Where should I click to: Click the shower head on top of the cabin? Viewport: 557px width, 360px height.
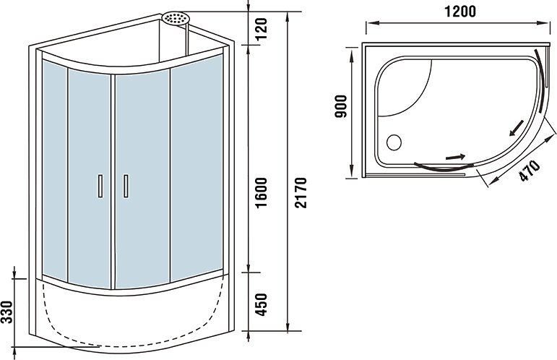176,18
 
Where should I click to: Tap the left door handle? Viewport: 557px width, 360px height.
100,186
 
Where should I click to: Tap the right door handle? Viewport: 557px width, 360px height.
126,186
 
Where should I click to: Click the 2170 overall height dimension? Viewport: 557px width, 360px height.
301,192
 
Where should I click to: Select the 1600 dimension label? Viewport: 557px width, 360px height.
262,193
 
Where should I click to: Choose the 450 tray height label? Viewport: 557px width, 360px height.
261,304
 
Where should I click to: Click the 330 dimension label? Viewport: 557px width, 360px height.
7,312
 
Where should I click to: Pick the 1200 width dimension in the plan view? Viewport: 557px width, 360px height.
460,12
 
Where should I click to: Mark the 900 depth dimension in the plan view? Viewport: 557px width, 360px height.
341,106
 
